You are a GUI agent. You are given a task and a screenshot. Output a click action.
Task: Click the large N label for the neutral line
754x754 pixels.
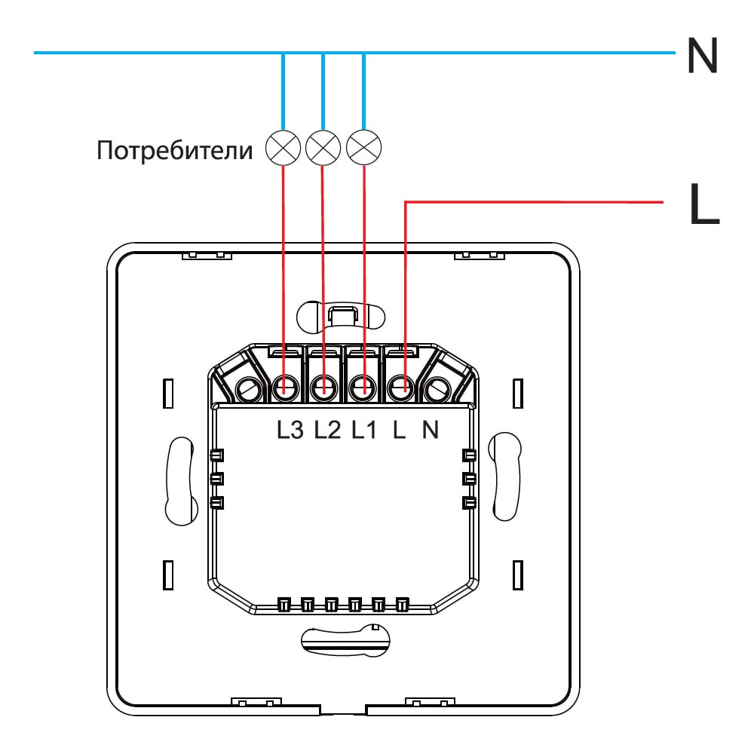coord(703,55)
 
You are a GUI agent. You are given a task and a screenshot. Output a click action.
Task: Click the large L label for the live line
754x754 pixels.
coord(704,204)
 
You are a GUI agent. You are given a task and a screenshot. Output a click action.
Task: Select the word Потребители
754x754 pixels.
coord(175,151)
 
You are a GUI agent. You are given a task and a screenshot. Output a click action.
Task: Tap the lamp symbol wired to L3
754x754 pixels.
coord(284,148)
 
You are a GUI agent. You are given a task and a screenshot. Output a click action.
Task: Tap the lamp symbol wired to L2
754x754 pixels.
coord(323,148)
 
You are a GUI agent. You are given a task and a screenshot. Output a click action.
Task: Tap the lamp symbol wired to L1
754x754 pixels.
coord(363,148)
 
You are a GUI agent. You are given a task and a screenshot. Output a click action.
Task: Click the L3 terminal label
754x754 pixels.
coord(290,430)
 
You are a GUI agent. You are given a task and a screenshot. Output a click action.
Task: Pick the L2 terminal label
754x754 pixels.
coord(327,430)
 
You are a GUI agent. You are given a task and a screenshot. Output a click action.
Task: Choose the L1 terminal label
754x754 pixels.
coord(364,430)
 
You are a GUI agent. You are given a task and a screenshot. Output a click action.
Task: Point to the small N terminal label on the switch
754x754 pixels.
coord(431,430)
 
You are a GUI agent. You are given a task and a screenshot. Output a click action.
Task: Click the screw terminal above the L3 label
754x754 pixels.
coord(286,388)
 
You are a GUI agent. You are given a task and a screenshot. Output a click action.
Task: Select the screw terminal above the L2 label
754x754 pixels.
coord(324,388)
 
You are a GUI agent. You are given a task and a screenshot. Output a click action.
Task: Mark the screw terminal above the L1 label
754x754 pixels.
coord(363,388)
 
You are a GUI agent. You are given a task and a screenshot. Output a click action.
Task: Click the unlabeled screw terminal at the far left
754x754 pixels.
coord(249,388)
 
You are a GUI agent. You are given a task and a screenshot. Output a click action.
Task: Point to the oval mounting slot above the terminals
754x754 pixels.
coord(341,316)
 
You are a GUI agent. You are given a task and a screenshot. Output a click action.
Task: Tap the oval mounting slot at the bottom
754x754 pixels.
coord(345,639)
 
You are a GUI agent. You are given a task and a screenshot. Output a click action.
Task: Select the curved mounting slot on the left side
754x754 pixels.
coord(180,481)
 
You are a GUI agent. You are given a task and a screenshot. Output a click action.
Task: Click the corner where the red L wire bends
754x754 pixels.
coord(406,202)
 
